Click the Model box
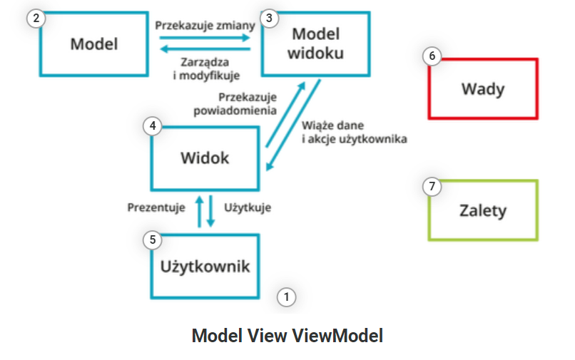tap(93, 43)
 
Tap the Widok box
tap(205, 158)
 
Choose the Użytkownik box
tap(205, 267)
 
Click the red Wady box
tap(483, 89)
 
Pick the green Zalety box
tap(483, 210)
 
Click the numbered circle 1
tap(286, 297)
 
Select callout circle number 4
tap(152, 127)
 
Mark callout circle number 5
tap(152, 240)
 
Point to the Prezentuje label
tap(157, 208)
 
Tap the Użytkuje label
tap(248, 208)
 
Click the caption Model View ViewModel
tap(287, 336)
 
